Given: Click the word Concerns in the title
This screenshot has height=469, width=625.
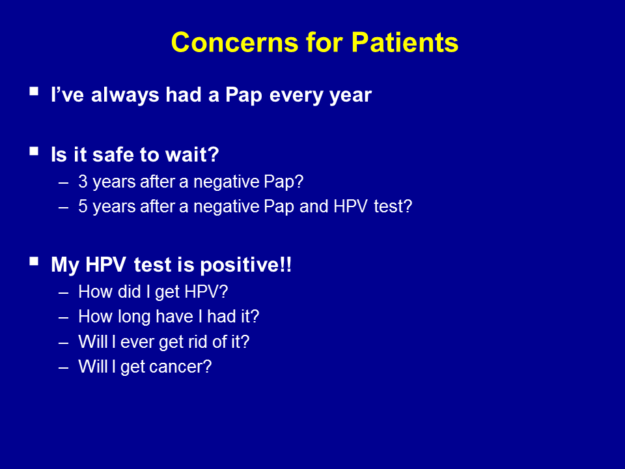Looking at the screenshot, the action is pos(234,42).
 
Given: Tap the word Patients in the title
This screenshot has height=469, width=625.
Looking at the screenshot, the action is pos(404,42).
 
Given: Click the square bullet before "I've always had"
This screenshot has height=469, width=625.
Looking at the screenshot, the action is pos(34,91).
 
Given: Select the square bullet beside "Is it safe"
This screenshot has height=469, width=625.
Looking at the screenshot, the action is pos(34,151).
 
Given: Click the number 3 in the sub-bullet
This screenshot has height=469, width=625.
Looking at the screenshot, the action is pos(83,182).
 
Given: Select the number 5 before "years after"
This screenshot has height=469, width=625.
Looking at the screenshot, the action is pos(83,206).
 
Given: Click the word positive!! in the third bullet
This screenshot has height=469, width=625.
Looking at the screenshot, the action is pos(246,265).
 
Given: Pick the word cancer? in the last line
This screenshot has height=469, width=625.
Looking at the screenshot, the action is pos(186,367).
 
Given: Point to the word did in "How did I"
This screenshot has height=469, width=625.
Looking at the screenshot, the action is pos(129,292).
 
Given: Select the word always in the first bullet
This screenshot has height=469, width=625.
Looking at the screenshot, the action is pos(125,96).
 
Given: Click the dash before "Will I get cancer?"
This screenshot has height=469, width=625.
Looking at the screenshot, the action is pos(63,367).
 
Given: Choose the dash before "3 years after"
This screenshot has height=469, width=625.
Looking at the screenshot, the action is pos(63,183).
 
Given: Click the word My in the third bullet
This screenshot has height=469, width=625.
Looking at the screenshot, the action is pos(65,266).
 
